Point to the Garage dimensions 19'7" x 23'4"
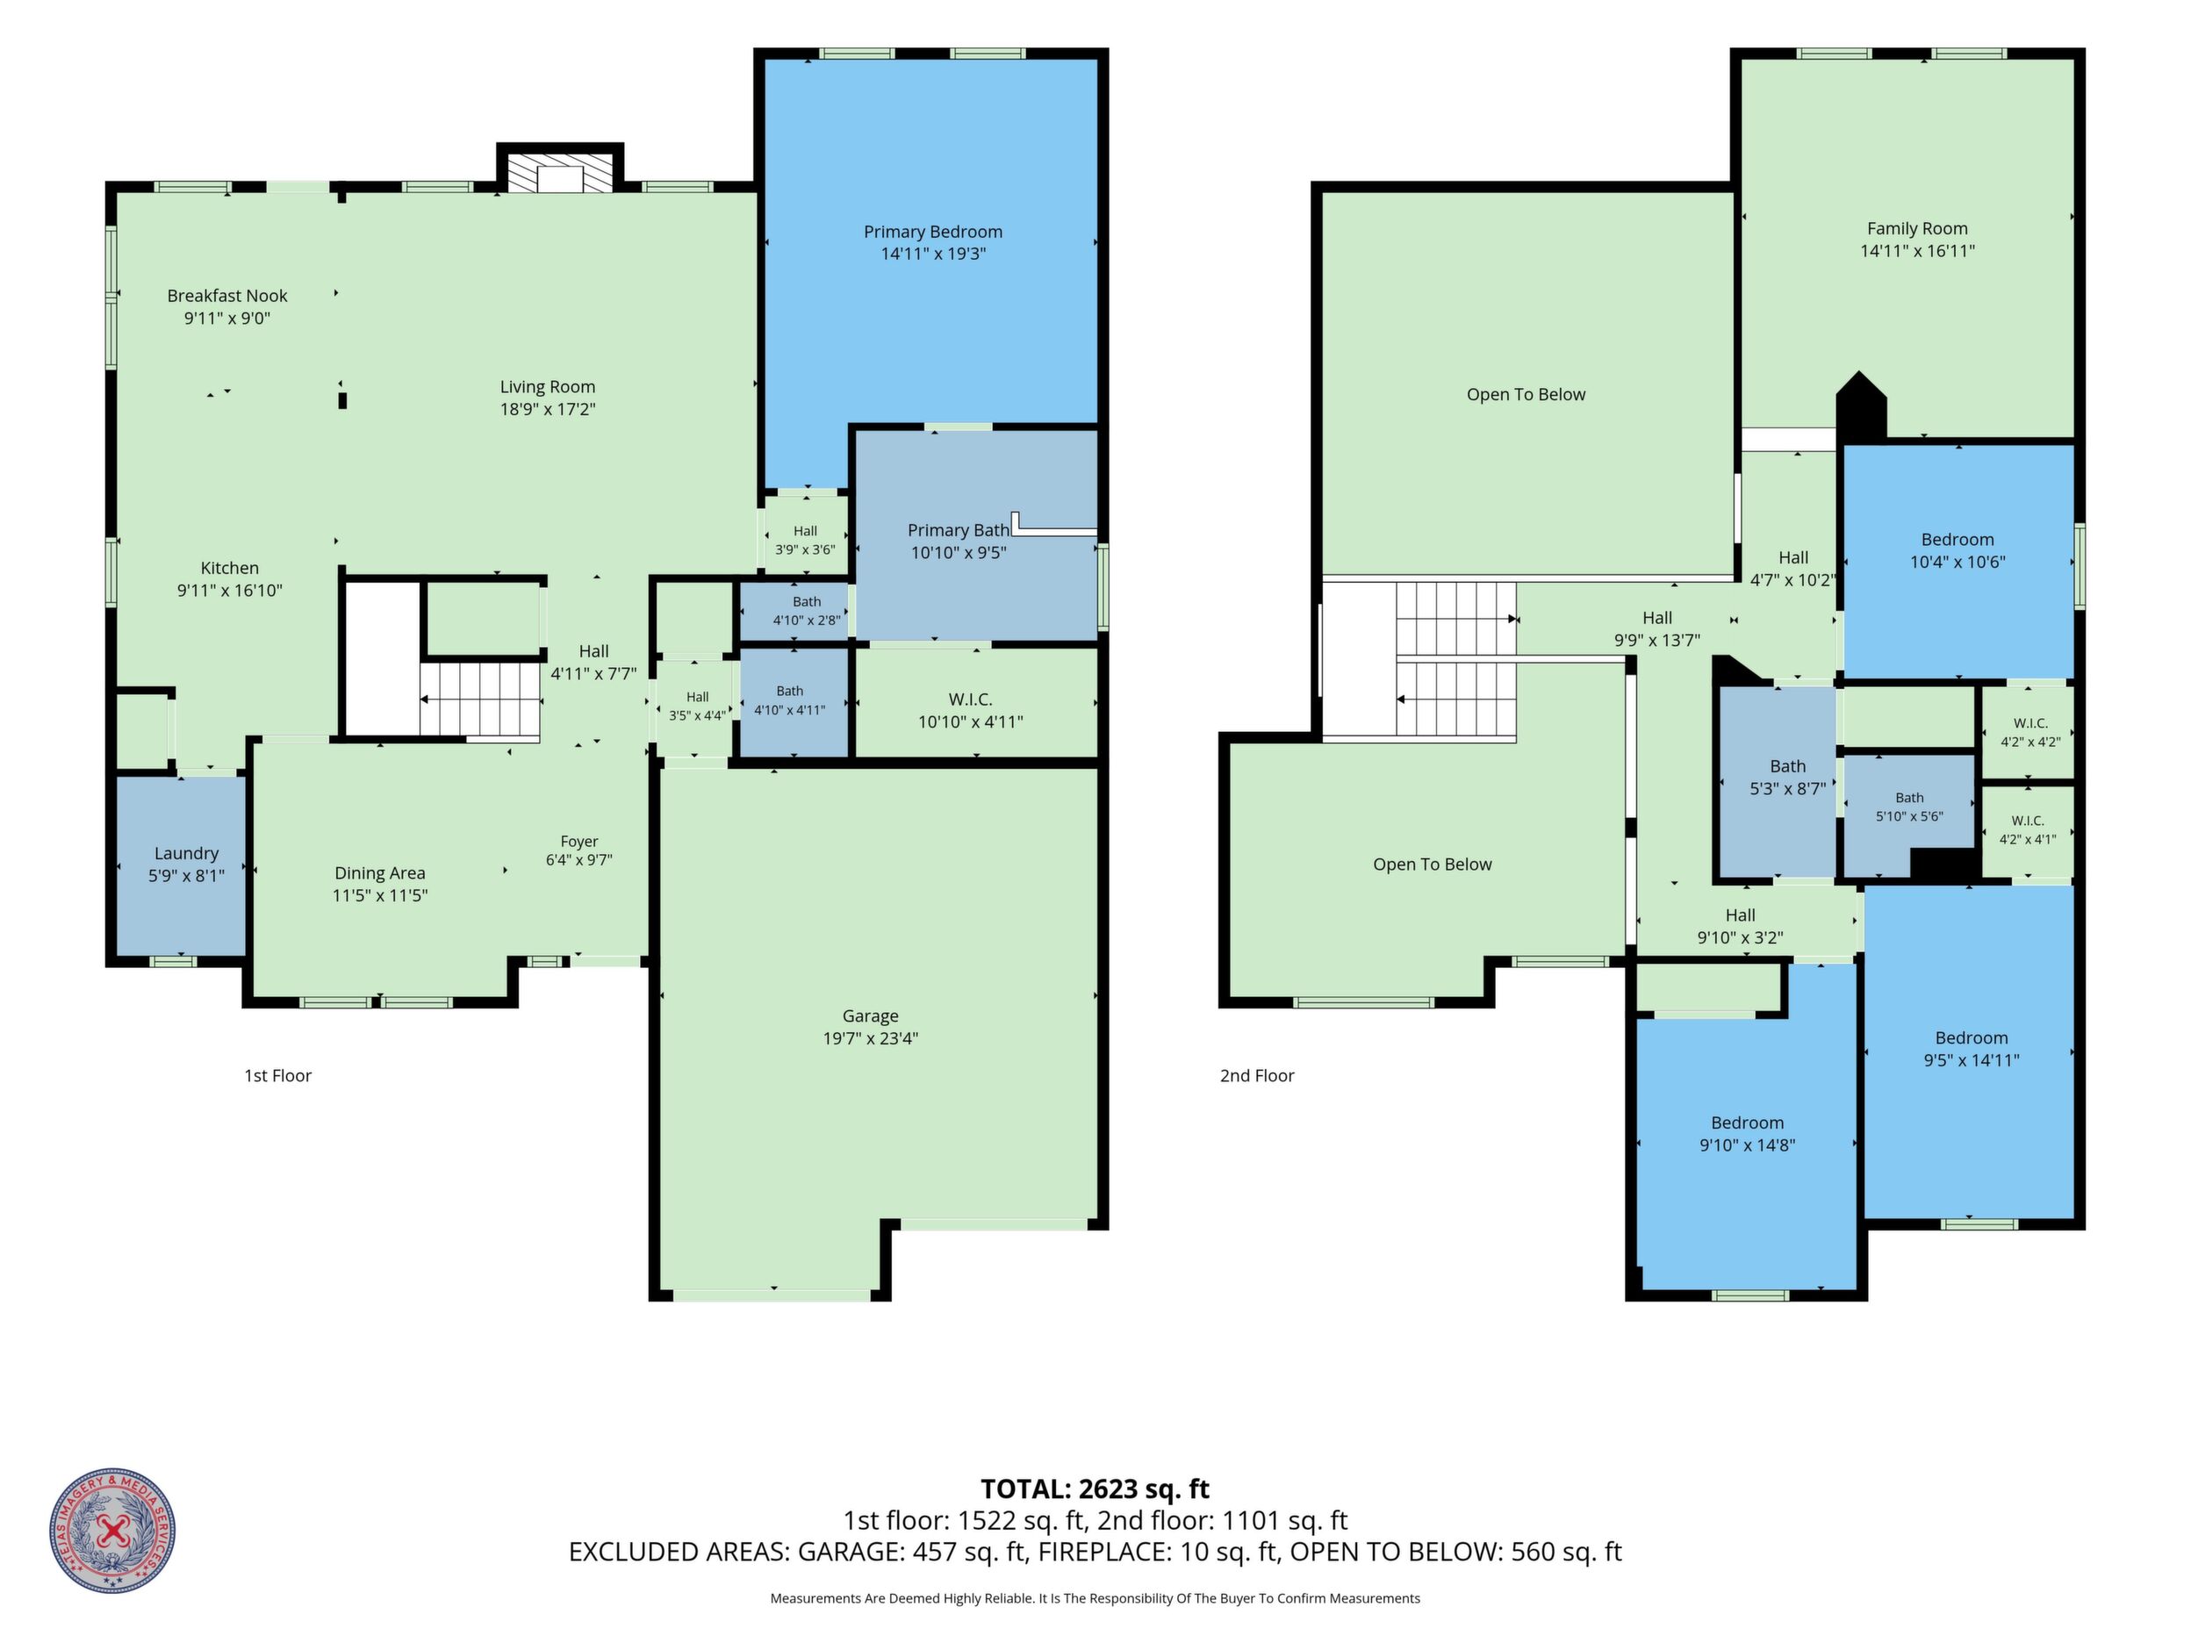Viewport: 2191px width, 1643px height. point(871,1038)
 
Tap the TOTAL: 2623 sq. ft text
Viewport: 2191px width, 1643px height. point(1095,1489)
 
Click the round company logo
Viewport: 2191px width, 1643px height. point(113,1531)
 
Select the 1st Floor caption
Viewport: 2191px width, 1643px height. point(278,1075)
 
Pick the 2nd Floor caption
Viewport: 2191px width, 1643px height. point(1257,1075)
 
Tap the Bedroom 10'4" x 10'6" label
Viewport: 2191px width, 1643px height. point(1958,550)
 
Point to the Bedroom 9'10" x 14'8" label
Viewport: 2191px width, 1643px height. point(1747,1134)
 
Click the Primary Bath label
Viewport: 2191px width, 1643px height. point(958,541)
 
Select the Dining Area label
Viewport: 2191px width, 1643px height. point(380,884)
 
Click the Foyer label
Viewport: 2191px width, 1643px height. point(579,850)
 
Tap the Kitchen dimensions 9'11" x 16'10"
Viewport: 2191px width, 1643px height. point(230,591)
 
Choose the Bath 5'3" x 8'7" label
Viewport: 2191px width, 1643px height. point(1788,778)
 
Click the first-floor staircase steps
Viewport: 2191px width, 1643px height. point(479,700)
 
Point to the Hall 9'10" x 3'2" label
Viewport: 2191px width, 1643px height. point(1741,926)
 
